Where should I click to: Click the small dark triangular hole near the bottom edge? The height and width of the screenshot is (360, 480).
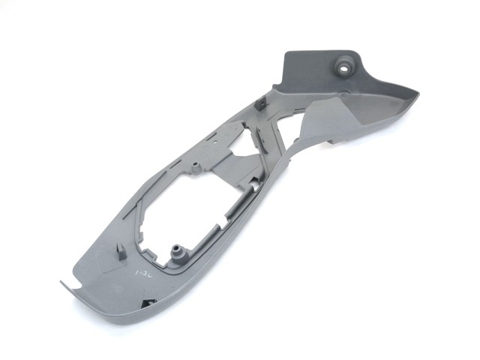[145, 302]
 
